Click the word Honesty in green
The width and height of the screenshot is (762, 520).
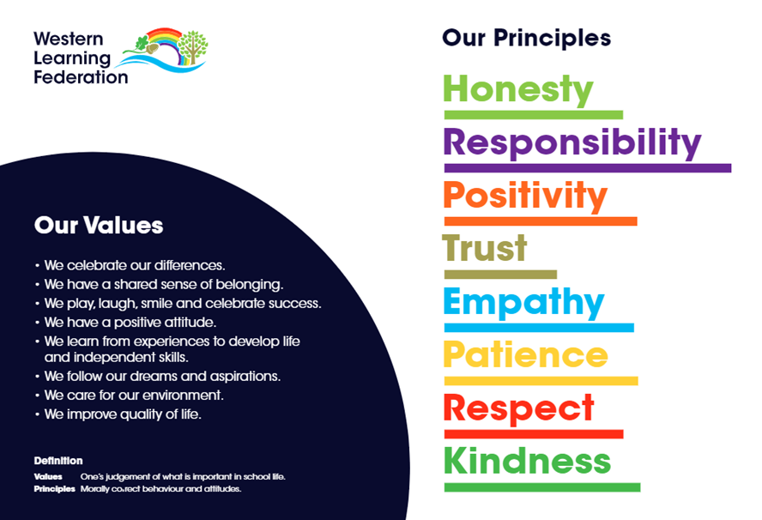point(518,90)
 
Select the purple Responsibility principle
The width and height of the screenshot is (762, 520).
point(572,143)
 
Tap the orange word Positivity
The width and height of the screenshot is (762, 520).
point(525,196)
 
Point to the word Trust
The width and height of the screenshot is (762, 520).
point(485,248)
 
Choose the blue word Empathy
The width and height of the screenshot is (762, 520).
point(523,302)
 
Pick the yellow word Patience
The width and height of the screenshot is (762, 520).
point(525,354)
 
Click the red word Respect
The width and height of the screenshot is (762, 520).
point(518,409)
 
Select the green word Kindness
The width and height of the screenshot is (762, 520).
point(527,460)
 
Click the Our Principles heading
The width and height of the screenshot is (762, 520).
point(526,38)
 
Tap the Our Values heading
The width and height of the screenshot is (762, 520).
point(99,226)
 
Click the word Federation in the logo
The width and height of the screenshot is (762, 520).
point(81,77)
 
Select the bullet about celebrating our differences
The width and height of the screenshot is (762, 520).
point(130,265)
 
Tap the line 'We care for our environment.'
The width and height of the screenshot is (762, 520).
point(130,395)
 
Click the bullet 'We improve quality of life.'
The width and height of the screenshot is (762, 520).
point(118,414)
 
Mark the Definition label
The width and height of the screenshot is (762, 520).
point(58,461)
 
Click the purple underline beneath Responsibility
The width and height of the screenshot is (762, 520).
point(588,168)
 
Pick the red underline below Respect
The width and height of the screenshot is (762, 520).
point(534,434)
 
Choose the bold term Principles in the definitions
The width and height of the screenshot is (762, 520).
point(54,489)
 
